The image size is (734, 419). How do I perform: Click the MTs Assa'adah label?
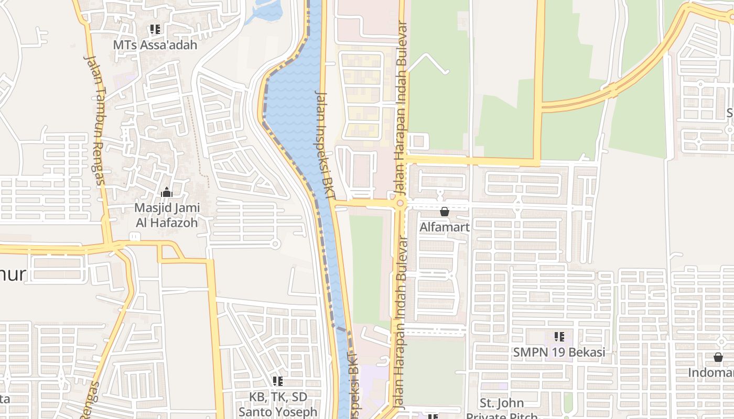(x=155, y=45)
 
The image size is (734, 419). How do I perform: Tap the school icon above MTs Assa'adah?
(x=155, y=29)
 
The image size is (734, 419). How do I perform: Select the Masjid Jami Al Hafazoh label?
(x=167, y=215)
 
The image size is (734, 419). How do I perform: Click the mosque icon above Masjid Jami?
(x=167, y=193)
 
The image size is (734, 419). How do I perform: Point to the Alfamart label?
(x=445, y=227)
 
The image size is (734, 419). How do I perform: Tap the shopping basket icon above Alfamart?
(x=445, y=212)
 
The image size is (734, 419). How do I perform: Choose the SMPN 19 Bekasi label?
(x=559, y=352)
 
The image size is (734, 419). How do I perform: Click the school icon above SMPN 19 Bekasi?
(x=559, y=336)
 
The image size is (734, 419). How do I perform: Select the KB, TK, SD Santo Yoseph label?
(x=278, y=404)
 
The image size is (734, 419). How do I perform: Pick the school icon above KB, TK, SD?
(x=278, y=381)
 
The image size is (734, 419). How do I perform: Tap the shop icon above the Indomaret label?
(x=718, y=357)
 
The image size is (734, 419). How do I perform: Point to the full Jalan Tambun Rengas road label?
(x=95, y=120)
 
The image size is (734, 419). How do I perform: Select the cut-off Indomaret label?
(x=711, y=373)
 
